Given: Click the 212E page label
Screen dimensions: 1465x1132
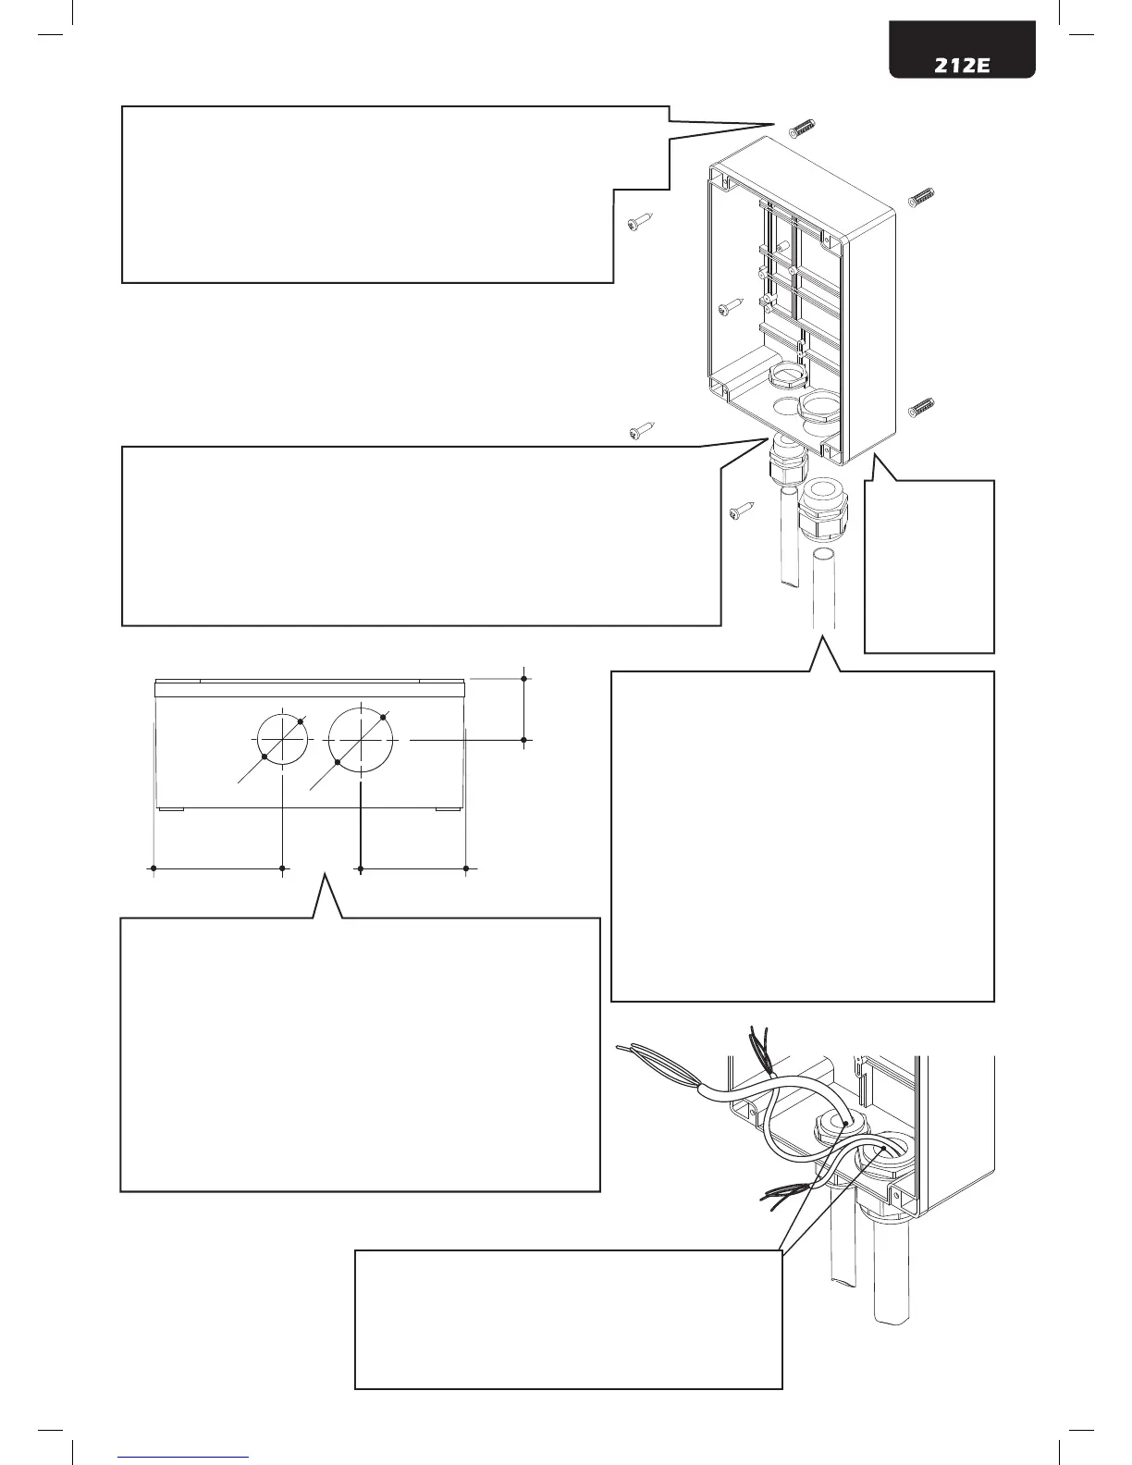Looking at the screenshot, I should (x=963, y=67).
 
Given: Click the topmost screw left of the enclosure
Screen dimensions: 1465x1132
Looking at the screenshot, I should (x=639, y=222).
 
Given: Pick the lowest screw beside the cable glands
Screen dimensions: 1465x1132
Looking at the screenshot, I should (x=742, y=511).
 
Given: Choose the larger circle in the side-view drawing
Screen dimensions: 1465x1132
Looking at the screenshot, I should (x=361, y=739).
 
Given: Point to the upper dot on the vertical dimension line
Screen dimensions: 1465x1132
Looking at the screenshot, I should (x=524, y=679).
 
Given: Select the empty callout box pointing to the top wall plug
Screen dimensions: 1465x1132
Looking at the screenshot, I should (x=370, y=194).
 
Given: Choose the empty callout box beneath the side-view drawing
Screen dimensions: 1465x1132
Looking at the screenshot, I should (x=361, y=1054).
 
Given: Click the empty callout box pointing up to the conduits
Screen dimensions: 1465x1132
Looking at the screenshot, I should (x=803, y=837).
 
